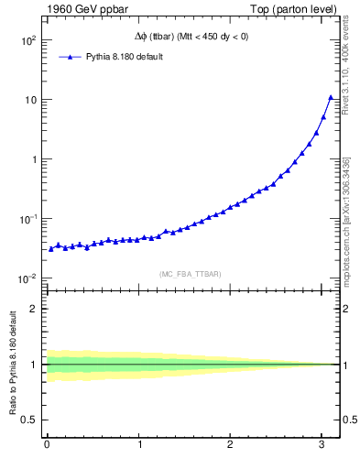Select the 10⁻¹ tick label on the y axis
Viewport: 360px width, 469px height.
(26, 219)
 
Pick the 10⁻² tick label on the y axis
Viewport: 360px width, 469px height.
(26, 278)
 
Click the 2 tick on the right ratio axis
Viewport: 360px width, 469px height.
(347, 309)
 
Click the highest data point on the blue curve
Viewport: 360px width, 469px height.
(331, 97)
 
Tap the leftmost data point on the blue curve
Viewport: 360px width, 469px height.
(51, 248)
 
